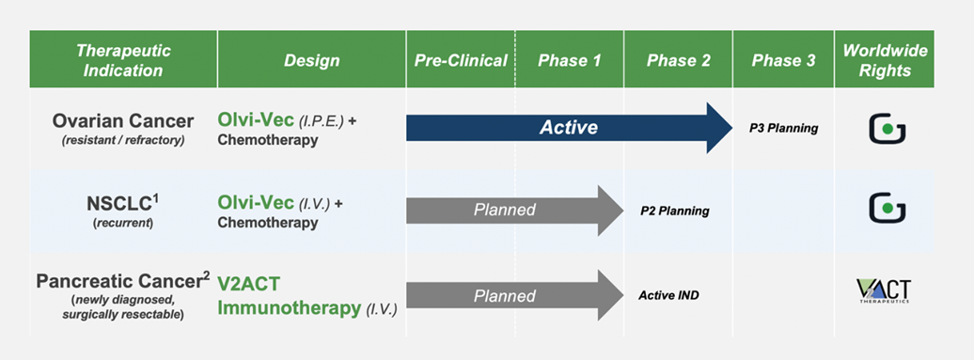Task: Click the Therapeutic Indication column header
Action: (x=123, y=59)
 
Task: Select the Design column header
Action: (x=312, y=60)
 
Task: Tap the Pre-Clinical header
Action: (x=461, y=60)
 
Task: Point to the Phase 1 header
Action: (x=570, y=60)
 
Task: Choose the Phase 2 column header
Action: (x=679, y=60)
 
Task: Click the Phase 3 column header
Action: (x=783, y=60)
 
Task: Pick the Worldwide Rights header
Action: (x=885, y=60)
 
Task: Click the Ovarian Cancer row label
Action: (x=123, y=128)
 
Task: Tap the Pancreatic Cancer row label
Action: (x=123, y=295)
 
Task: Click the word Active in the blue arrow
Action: (x=569, y=128)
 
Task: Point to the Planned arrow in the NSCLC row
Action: (x=514, y=211)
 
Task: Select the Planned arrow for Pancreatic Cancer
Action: (x=514, y=295)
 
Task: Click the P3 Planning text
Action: (x=784, y=129)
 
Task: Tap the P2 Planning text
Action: (x=675, y=211)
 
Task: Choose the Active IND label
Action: (x=668, y=295)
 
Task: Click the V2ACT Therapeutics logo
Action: (x=884, y=291)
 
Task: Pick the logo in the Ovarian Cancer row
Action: (x=888, y=128)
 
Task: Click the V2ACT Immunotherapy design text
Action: (x=307, y=295)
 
